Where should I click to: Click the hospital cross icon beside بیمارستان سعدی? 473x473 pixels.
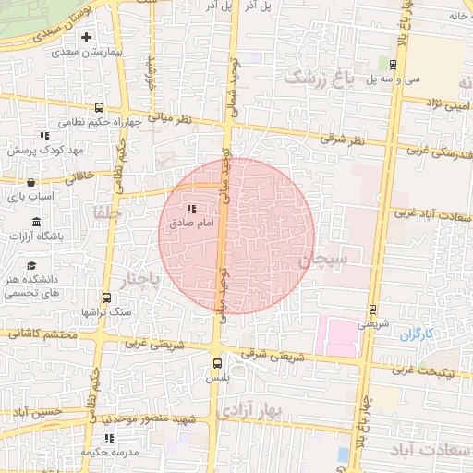click(x=87, y=38)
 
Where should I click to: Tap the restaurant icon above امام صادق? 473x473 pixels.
click(x=191, y=209)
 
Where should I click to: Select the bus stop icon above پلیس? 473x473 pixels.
click(x=218, y=363)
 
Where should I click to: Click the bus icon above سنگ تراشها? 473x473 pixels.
click(x=106, y=297)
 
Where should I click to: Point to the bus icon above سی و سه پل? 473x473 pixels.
click(x=394, y=64)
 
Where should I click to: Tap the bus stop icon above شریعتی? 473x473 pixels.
click(x=372, y=309)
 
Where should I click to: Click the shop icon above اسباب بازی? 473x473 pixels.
click(x=33, y=182)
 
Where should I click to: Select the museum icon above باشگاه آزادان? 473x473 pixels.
click(x=36, y=222)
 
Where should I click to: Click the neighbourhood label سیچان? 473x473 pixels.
click(x=323, y=261)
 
